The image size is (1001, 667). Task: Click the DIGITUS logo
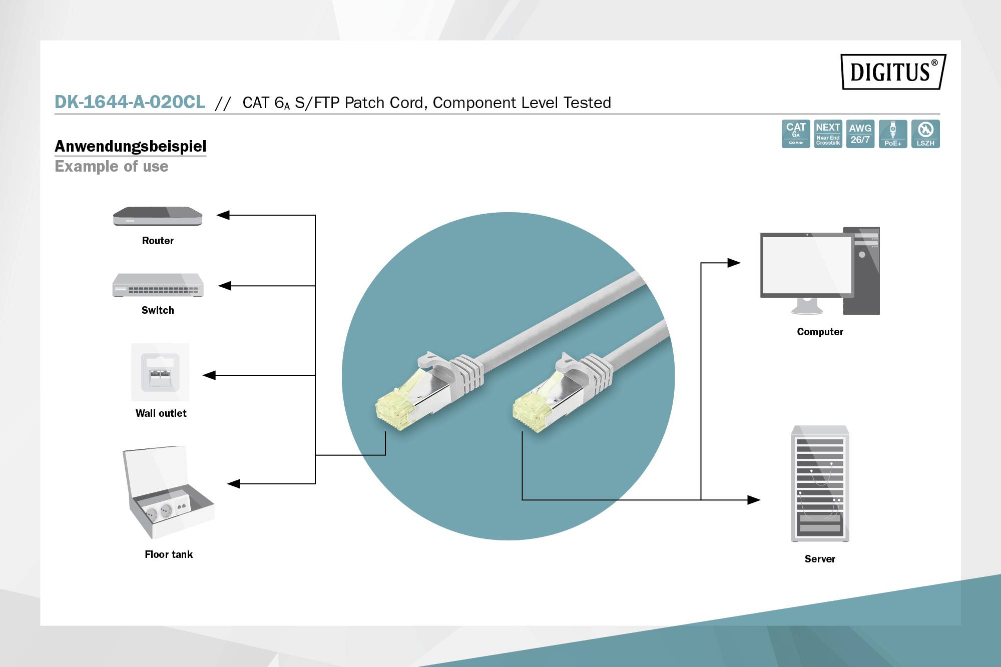(x=893, y=72)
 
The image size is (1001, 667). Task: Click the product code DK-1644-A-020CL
(x=130, y=102)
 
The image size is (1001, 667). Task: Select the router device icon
(x=158, y=216)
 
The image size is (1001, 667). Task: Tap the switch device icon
(x=158, y=285)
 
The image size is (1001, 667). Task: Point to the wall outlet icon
(x=160, y=372)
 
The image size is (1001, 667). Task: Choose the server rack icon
(x=820, y=484)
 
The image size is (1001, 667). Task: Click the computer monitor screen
(x=806, y=265)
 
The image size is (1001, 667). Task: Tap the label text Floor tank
(x=169, y=554)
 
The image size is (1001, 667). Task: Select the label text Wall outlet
(x=161, y=413)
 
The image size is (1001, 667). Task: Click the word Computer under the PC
(x=820, y=332)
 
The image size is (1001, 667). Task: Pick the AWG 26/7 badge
(x=860, y=134)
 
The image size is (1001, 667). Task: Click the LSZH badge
(x=925, y=134)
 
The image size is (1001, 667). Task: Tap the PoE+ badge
(x=893, y=134)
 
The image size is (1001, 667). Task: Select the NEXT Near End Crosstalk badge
(x=828, y=134)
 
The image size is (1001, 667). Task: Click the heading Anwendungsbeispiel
(x=130, y=146)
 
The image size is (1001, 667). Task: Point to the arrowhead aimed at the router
(x=223, y=215)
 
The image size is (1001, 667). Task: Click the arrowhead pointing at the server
(x=754, y=499)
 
